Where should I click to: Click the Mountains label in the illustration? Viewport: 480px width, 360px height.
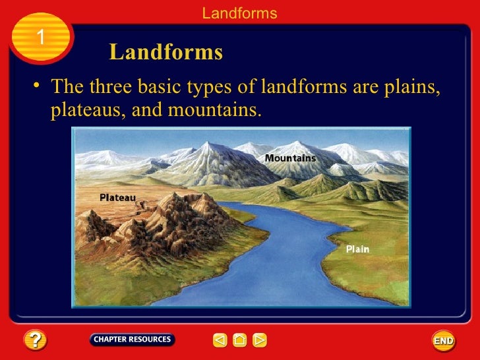click(x=290, y=158)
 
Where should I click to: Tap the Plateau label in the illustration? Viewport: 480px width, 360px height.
click(x=117, y=196)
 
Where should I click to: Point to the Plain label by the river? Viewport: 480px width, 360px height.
click(x=357, y=249)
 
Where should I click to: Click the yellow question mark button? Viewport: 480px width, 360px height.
click(x=35, y=340)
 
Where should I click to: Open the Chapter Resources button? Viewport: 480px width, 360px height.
click(x=132, y=340)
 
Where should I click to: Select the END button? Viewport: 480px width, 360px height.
click(x=443, y=340)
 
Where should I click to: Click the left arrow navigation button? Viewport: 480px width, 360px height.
click(x=220, y=340)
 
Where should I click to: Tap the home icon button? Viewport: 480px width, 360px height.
click(x=240, y=340)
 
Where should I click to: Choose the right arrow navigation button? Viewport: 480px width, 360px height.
click(x=260, y=340)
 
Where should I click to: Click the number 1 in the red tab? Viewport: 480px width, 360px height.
click(x=40, y=38)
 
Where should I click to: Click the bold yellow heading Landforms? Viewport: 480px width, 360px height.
click(x=165, y=53)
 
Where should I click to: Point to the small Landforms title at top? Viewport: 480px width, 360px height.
click(x=239, y=13)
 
